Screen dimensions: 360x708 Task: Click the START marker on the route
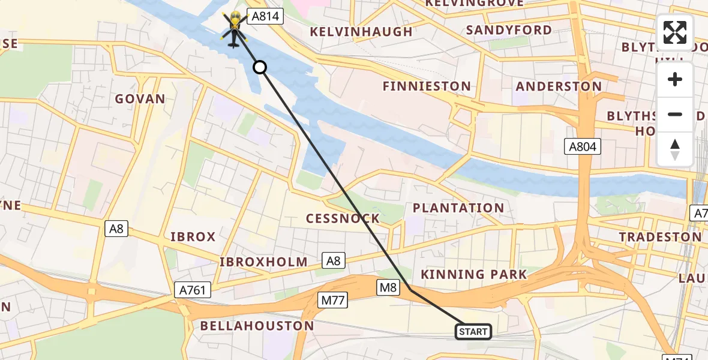click(x=473, y=331)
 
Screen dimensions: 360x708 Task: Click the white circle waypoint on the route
click(x=260, y=67)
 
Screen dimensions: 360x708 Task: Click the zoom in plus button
click(x=675, y=80)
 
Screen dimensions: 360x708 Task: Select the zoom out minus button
click(x=675, y=115)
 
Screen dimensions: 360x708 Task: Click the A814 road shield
click(x=265, y=17)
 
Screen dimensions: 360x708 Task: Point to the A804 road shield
click(x=583, y=146)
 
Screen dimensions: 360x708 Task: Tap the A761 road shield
click(x=193, y=290)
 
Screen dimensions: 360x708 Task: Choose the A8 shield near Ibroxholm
click(x=333, y=260)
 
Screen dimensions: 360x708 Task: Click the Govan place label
click(x=140, y=99)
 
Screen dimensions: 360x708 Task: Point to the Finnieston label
click(x=427, y=86)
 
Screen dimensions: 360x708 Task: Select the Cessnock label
click(x=343, y=218)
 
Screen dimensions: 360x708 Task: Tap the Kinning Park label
click(x=473, y=275)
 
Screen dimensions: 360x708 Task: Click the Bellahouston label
click(x=257, y=326)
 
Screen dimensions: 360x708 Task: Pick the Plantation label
click(x=458, y=208)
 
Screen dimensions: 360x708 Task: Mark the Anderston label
click(x=559, y=86)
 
